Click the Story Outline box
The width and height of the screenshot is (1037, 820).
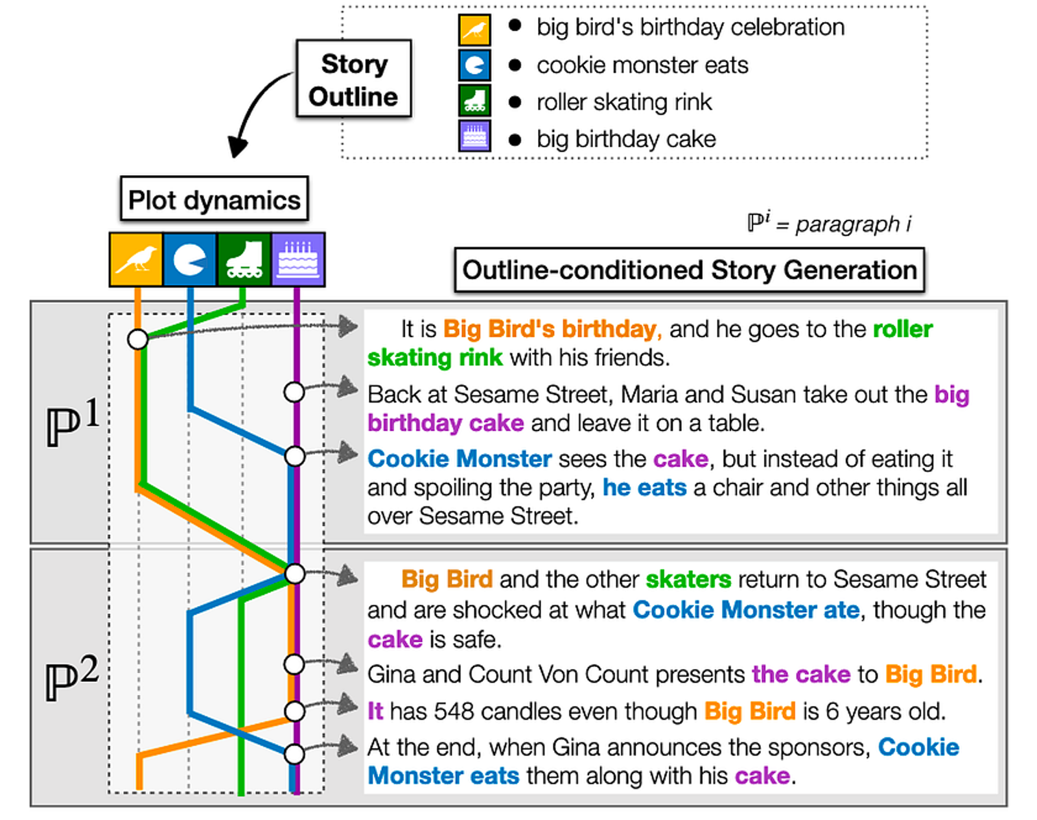(x=353, y=79)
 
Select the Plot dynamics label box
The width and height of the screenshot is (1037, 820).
(x=214, y=200)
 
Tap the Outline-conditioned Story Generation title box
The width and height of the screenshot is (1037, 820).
(x=689, y=270)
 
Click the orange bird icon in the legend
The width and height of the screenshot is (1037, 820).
(x=474, y=29)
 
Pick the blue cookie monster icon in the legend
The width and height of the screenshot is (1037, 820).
(x=474, y=65)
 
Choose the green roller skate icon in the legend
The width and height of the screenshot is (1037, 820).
(x=474, y=100)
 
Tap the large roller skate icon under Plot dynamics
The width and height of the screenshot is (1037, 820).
(x=244, y=259)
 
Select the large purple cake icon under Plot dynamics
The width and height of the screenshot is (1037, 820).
(x=298, y=259)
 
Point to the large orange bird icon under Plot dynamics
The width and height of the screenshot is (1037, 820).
(x=136, y=259)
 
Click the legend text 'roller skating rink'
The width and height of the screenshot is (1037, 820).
(x=623, y=102)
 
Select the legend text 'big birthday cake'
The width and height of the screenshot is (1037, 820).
(x=626, y=139)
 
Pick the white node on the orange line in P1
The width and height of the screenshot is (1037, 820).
(x=137, y=338)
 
